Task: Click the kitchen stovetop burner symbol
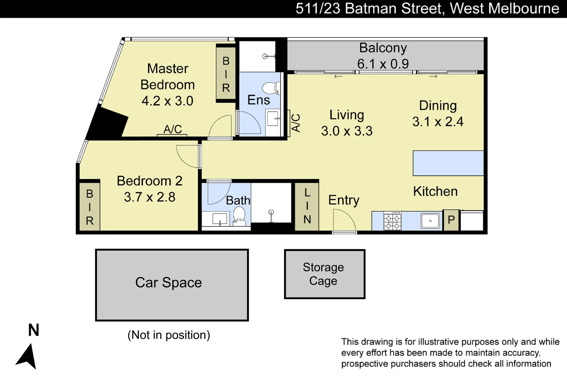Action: tap(392, 221)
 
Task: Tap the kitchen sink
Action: tap(430, 221)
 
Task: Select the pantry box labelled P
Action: tap(451, 220)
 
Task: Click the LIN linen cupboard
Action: tap(307, 206)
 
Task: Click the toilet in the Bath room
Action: tap(239, 215)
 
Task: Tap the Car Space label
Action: tap(168, 282)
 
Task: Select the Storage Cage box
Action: tap(324, 274)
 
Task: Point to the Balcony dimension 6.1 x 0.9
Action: tap(383, 64)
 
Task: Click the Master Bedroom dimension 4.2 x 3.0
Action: tap(167, 101)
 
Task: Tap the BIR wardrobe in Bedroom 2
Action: tap(90, 207)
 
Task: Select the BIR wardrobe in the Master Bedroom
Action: tap(226, 74)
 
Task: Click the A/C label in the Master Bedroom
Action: tap(173, 129)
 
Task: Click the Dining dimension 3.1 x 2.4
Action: tap(437, 122)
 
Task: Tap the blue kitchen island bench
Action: tap(448, 163)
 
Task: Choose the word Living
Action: tap(346, 115)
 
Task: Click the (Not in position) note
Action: tap(169, 335)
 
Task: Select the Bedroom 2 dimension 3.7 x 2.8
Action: tap(149, 197)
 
